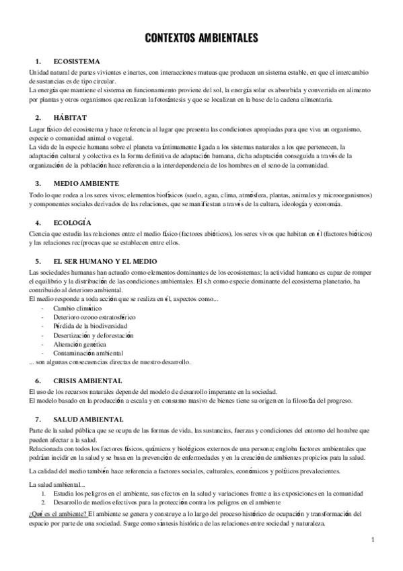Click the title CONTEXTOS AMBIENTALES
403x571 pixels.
[x=201, y=40]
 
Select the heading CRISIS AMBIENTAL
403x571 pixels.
[x=87, y=380]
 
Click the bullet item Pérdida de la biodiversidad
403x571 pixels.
[x=91, y=325]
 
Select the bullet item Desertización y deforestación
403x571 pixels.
[x=95, y=335]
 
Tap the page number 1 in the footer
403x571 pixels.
[x=372, y=539]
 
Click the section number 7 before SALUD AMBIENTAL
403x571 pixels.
[x=38, y=418]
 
